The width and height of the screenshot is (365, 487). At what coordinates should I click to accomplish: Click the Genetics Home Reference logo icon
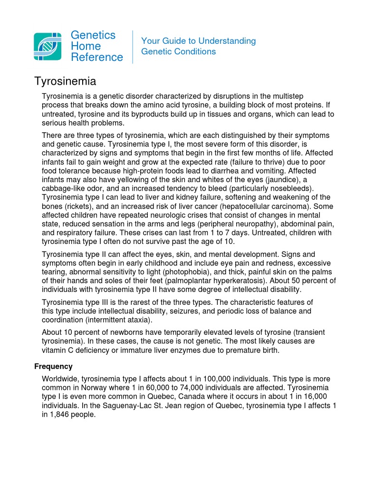click(x=48, y=47)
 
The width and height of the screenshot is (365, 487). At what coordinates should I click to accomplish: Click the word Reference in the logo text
click(x=97, y=58)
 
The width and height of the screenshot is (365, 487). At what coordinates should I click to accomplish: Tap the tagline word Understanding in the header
click(x=227, y=41)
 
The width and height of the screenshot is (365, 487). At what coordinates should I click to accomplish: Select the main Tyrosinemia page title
click(x=65, y=81)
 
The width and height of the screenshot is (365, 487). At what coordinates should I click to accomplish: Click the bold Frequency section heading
click(x=53, y=366)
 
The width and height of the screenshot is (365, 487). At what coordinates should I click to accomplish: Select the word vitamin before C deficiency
click(x=55, y=351)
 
